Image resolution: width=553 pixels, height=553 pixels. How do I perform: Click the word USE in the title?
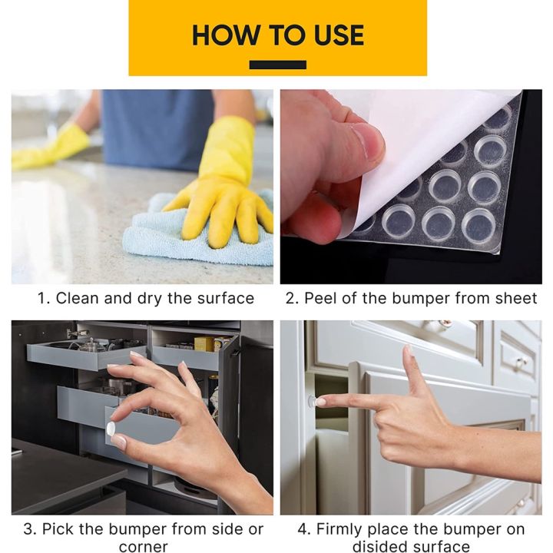click(334, 35)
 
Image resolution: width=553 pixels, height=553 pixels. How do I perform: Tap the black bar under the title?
click(277, 65)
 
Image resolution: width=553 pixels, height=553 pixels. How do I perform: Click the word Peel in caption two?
click(320, 298)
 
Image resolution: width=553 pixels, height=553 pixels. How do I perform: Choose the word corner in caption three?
click(143, 547)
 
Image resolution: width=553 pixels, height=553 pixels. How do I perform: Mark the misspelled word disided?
click(378, 547)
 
